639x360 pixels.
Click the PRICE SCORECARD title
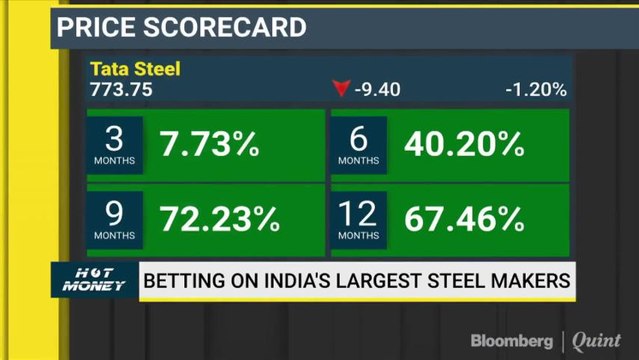(181, 27)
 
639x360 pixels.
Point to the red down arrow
(341, 90)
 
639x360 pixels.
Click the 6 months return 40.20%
(464, 146)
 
